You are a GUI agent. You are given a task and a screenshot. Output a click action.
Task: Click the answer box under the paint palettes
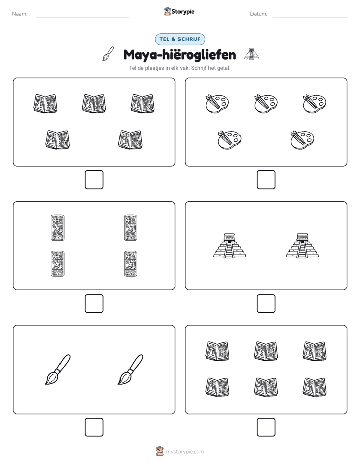(266, 180)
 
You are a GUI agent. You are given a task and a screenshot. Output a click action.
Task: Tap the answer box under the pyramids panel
(266, 303)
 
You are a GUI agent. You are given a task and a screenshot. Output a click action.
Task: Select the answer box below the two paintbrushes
(94, 427)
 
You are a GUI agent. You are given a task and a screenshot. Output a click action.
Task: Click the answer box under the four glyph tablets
(94, 303)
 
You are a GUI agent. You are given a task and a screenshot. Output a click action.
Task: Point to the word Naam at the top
(20, 14)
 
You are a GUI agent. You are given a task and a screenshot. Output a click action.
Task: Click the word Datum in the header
(258, 14)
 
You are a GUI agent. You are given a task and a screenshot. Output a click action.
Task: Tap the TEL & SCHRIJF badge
(180, 39)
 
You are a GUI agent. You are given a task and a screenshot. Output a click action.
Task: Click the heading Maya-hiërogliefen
(179, 55)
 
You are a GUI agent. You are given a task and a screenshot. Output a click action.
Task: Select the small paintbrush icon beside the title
(108, 54)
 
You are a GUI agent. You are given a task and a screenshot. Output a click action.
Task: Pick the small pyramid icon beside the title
(251, 54)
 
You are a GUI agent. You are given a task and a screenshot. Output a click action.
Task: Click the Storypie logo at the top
(179, 11)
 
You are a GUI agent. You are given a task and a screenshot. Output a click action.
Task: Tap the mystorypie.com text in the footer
(185, 452)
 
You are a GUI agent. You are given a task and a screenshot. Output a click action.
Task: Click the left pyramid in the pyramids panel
(229, 245)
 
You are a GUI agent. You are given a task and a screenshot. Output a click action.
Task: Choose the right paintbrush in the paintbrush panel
(131, 369)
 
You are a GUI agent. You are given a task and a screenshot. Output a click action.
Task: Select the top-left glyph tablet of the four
(57, 227)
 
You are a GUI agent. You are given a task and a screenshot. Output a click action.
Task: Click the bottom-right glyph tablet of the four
(131, 264)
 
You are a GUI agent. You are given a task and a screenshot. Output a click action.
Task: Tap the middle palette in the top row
(266, 104)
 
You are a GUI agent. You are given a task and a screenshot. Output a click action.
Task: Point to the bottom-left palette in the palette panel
(229, 140)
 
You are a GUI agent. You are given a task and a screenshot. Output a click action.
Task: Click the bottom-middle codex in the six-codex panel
(266, 387)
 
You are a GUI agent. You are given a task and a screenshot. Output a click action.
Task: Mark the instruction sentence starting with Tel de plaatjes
(179, 68)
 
